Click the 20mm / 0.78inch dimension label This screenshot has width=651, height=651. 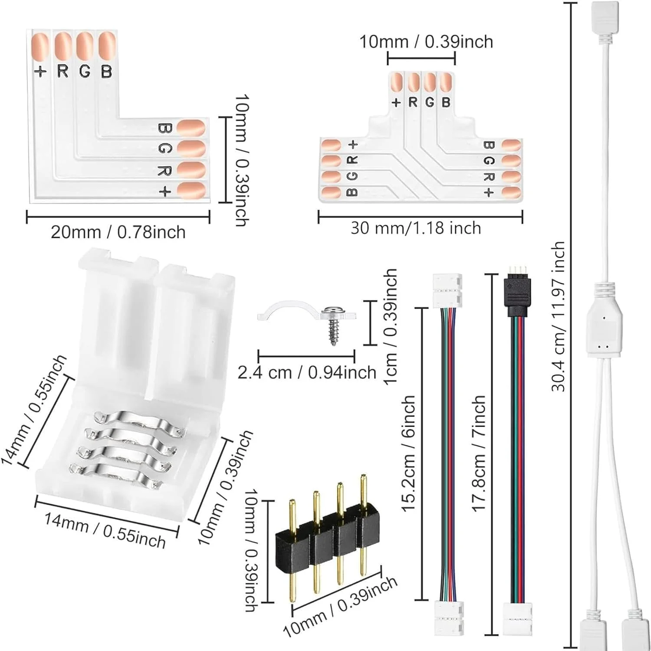pyautogui.click(x=118, y=233)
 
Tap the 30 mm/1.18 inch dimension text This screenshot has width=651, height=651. pyautogui.click(x=416, y=228)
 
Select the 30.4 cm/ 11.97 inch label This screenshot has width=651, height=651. pyautogui.click(x=558, y=317)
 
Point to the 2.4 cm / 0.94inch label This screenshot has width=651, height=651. pyautogui.click(x=307, y=372)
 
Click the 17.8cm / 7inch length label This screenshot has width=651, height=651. pyautogui.click(x=478, y=454)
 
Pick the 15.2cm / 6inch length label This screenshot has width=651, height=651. pyautogui.click(x=408, y=454)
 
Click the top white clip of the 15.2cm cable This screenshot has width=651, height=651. pyautogui.click(x=447, y=290)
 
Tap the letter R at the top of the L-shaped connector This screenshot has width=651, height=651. pyautogui.click(x=63, y=71)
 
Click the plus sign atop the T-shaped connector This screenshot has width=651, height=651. pyautogui.click(x=396, y=103)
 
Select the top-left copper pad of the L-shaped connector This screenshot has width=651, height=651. pyautogui.click(x=40, y=47)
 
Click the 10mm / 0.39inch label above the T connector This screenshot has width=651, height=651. pyautogui.click(x=426, y=42)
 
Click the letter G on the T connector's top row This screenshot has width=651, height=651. pyautogui.click(x=430, y=102)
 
